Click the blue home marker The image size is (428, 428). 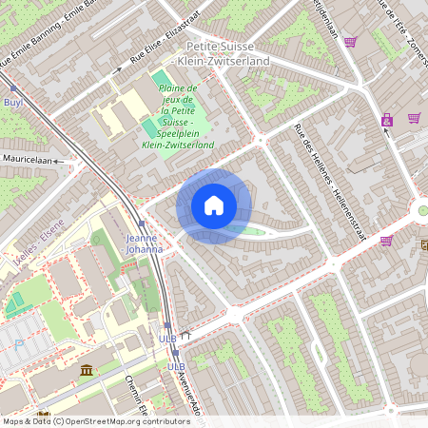point(214,205)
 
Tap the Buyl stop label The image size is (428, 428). point(13,101)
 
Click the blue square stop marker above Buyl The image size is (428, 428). point(13,88)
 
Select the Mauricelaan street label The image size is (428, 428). point(26,160)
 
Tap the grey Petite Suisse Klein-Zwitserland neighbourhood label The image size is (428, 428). point(228,53)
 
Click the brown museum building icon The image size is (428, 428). point(87,370)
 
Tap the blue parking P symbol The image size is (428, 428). point(19,344)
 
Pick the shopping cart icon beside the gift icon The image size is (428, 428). point(415,118)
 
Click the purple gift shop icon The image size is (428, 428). point(387,120)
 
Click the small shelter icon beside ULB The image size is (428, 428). point(187,335)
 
